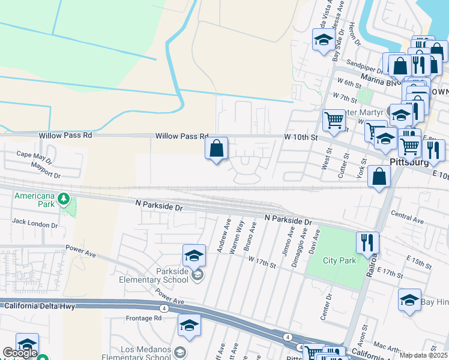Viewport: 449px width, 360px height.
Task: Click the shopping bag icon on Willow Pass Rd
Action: click(217, 148)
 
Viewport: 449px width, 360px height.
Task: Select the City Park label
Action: click(339, 260)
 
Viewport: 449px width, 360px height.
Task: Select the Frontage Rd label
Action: click(144, 318)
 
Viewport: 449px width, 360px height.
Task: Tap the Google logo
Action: click(20, 353)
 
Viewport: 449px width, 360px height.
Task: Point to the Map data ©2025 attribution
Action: click(423, 355)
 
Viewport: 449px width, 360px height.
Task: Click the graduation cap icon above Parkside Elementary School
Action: click(194, 256)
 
